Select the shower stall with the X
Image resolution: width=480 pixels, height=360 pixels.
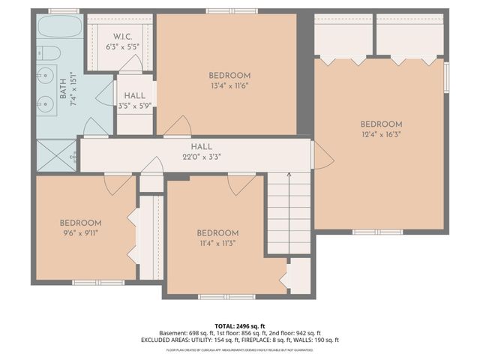(x=57, y=157)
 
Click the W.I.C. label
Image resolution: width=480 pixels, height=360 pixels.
(x=124, y=37)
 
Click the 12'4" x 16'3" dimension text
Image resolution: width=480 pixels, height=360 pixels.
(x=381, y=136)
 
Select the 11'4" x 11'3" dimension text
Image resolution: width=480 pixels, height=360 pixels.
(x=217, y=244)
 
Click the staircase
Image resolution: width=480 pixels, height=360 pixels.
(x=289, y=214)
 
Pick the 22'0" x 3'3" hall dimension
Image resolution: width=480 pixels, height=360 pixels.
(x=201, y=157)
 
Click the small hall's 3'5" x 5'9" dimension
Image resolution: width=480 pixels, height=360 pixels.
(x=135, y=106)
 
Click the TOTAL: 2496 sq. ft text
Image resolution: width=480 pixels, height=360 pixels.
(x=240, y=326)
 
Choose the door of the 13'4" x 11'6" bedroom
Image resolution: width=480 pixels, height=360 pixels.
(x=178, y=127)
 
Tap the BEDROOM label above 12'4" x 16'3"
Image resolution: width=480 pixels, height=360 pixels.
(x=381, y=124)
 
